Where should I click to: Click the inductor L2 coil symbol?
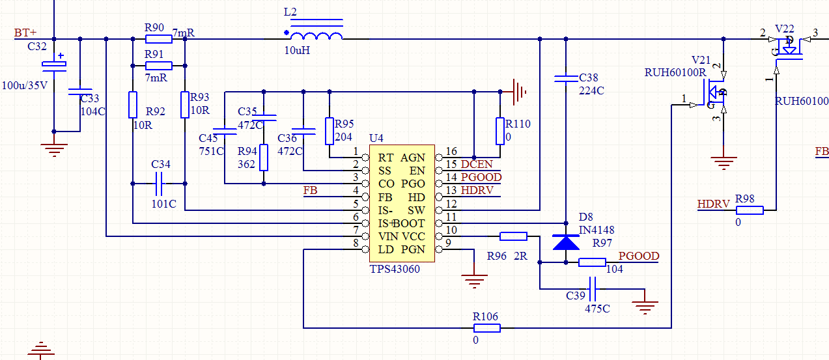(x=316, y=36)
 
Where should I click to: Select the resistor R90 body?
(x=158, y=39)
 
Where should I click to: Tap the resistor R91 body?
(x=158, y=66)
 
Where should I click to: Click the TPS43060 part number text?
(x=395, y=268)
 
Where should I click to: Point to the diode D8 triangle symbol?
(x=565, y=242)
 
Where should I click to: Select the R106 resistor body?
(x=486, y=328)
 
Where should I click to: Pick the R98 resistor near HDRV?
(x=749, y=210)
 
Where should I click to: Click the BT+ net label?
(x=25, y=33)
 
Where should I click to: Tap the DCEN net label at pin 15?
(x=477, y=165)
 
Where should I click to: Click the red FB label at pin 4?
(x=311, y=191)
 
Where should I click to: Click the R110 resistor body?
(x=500, y=131)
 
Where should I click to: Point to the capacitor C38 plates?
(x=565, y=79)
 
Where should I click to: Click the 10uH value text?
(x=297, y=50)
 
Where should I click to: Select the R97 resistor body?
(x=592, y=262)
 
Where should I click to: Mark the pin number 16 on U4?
(x=451, y=152)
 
